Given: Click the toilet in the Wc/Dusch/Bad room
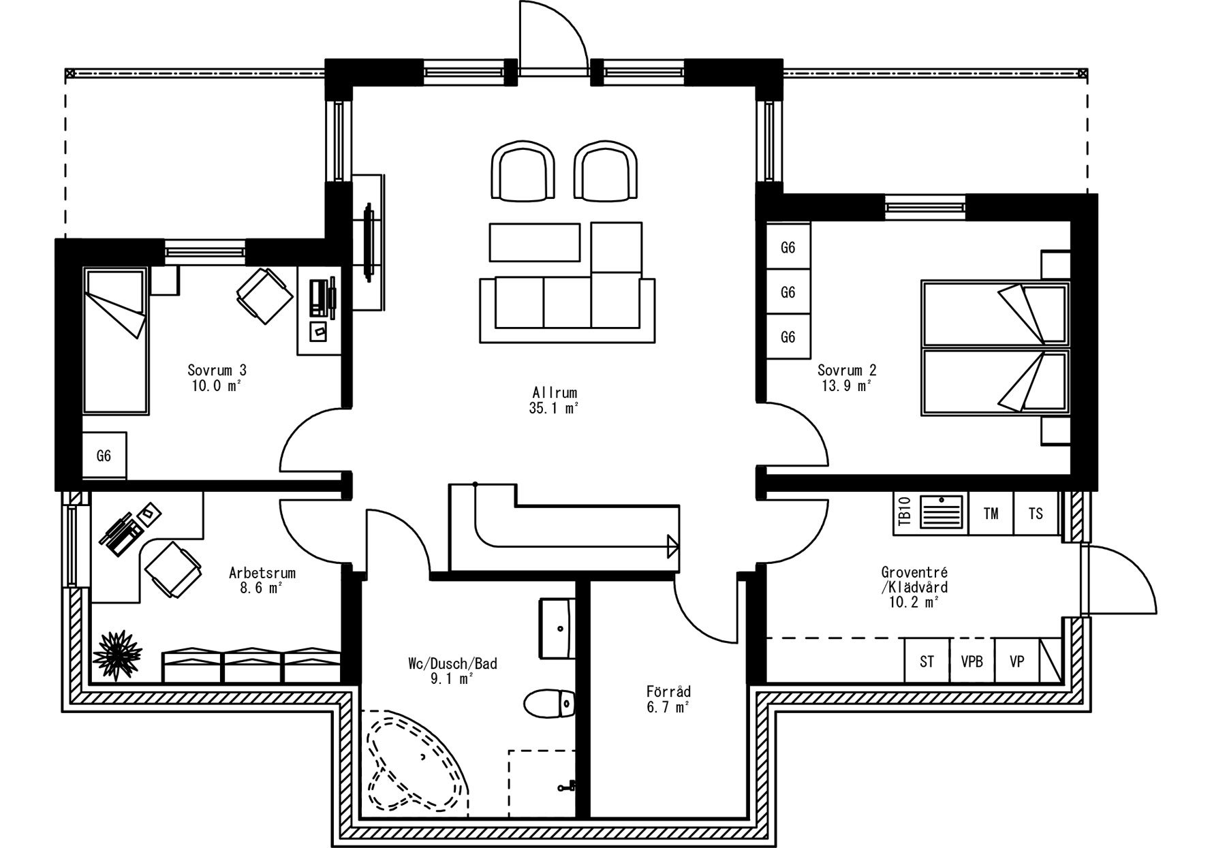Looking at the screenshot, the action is [x=550, y=703].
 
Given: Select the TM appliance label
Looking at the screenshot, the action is [x=991, y=514].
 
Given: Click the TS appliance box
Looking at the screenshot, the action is [x=1036, y=514].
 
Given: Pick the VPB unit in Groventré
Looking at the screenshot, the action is [x=972, y=661].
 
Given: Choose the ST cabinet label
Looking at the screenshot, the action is [x=927, y=661].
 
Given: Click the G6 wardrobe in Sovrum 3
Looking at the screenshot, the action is [x=104, y=456].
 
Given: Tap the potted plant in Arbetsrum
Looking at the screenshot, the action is [x=113, y=655].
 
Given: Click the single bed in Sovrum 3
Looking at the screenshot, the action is [x=115, y=341].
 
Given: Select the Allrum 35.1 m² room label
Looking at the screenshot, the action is [x=555, y=401].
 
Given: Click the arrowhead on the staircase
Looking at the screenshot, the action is [x=673, y=546].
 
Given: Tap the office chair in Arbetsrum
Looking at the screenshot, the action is [x=173, y=570].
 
